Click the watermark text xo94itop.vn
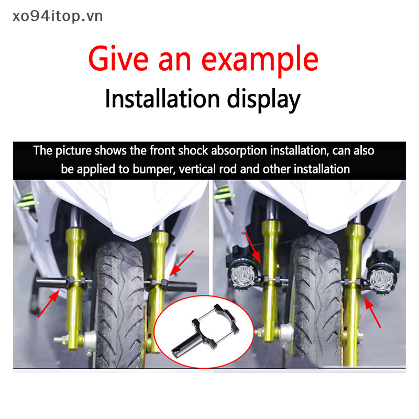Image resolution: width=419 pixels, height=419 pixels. (58, 16)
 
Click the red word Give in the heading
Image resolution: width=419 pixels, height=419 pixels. (118, 59)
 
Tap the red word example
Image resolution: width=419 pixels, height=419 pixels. (260, 61)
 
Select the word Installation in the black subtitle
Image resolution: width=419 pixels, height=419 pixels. (162, 98)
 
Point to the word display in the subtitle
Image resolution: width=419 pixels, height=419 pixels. (264, 100)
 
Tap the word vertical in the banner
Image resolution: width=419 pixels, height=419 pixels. (197, 169)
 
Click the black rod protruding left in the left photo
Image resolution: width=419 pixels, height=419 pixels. (51, 283)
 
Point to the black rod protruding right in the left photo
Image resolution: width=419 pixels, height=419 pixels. (182, 286)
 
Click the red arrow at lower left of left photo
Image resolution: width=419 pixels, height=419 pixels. (49, 304)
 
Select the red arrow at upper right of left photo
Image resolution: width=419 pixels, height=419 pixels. (182, 263)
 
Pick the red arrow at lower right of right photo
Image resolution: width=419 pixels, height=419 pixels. (372, 313)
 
